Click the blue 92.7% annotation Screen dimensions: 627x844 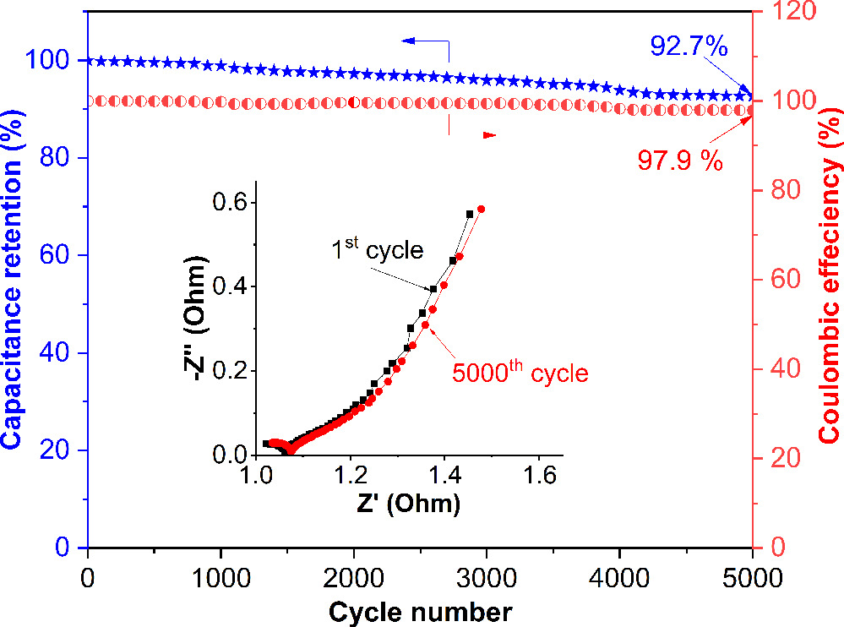pyautogui.click(x=689, y=46)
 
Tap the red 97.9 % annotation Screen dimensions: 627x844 pyautogui.click(x=680, y=161)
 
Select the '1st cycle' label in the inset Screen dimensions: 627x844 pyautogui.click(x=377, y=251)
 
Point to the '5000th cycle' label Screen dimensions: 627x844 pyautogui.click(x=520, y=373)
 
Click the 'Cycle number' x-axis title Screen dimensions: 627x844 pyautogui.click(x=419, y=611)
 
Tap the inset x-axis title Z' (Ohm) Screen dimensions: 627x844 pyautogui.click(x=408, y=505)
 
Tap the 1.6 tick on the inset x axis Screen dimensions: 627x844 pyautogui.click(x=537, y=477)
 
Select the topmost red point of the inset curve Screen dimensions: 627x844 pyautogui.click(x=481, y=210)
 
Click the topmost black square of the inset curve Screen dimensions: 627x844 pyautogui.click(x=469, y=215)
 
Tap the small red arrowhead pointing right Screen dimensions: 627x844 pyautogui.click(x=489, y=135)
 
